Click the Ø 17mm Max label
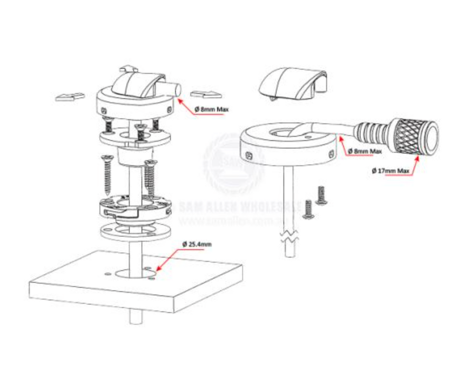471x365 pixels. [391, 171]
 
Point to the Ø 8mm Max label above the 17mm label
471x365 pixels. [365, 151]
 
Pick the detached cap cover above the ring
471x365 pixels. [293, 84]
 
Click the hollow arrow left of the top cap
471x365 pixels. [70, 97]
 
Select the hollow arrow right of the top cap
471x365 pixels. [206, 94]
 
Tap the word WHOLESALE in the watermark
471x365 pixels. [274, 205]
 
